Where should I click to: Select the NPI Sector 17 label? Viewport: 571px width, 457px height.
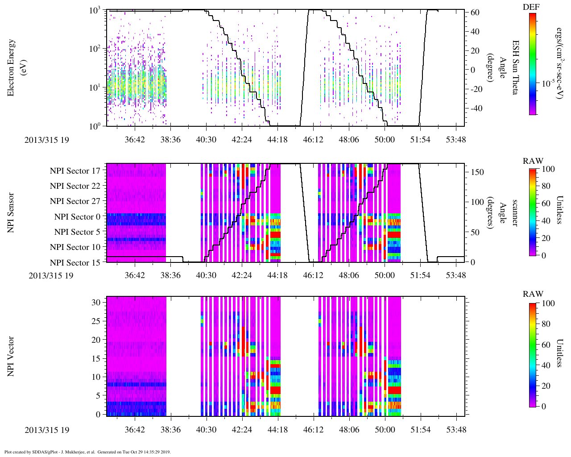coord(75,171)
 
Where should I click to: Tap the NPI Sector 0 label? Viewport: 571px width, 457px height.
coord(77,217)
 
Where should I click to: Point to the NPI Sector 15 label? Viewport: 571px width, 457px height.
coord(75,262)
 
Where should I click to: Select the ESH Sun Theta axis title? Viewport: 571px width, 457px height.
coord(515,67)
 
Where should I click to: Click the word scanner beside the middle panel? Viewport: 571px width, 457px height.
coord(515,213)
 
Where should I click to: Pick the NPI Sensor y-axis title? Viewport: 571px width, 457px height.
coord(11,213)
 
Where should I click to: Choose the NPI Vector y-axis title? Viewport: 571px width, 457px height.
coord(11,356)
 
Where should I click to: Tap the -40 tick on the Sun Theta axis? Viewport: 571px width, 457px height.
coord(474,108)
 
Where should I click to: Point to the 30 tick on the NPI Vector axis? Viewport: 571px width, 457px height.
coord(96,302)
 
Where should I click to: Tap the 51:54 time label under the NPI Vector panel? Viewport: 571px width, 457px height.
coord(420,430)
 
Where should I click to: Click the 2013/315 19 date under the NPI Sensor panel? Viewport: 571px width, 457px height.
coord(51,275)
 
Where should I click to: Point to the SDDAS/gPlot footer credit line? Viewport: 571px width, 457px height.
coord(87,452)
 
